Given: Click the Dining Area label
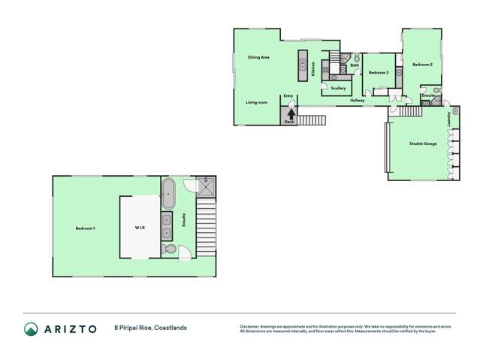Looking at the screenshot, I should [258, 58].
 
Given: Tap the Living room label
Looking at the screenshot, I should [256, 102].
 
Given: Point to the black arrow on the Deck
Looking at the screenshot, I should [289, 113].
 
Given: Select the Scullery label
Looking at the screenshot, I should [338, 89].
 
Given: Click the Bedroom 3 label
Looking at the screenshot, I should [378, 73].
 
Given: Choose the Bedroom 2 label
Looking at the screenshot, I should [423, 65].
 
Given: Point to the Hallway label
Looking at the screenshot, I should [357, 100].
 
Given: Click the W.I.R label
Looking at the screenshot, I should [140, 228].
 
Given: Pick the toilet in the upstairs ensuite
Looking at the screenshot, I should [170, 249].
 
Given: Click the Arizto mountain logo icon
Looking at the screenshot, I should [31, 328].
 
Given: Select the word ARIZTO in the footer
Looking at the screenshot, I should [73, 328].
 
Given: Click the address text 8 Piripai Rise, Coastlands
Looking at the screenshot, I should [150, 328].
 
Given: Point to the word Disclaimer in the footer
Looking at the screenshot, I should [250, 325].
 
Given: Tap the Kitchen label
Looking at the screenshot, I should [312, 70].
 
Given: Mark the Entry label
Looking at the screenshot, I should [288, 96].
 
